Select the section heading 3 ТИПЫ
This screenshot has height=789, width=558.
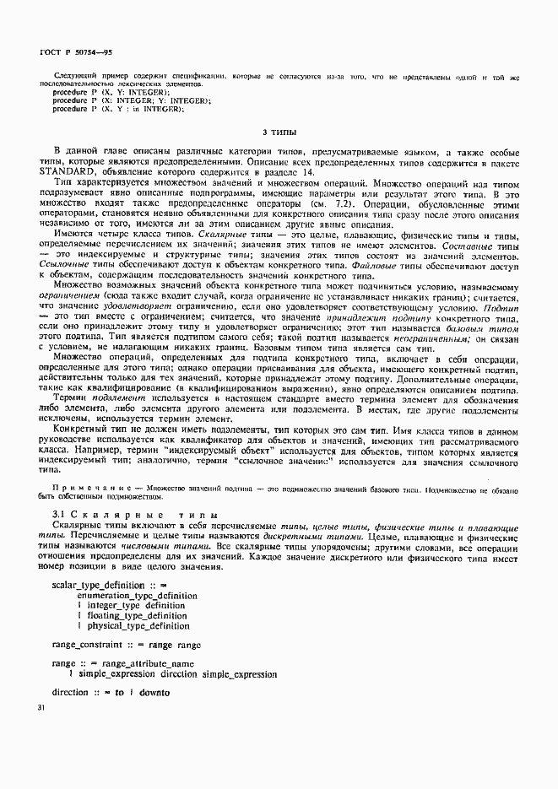279,132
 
